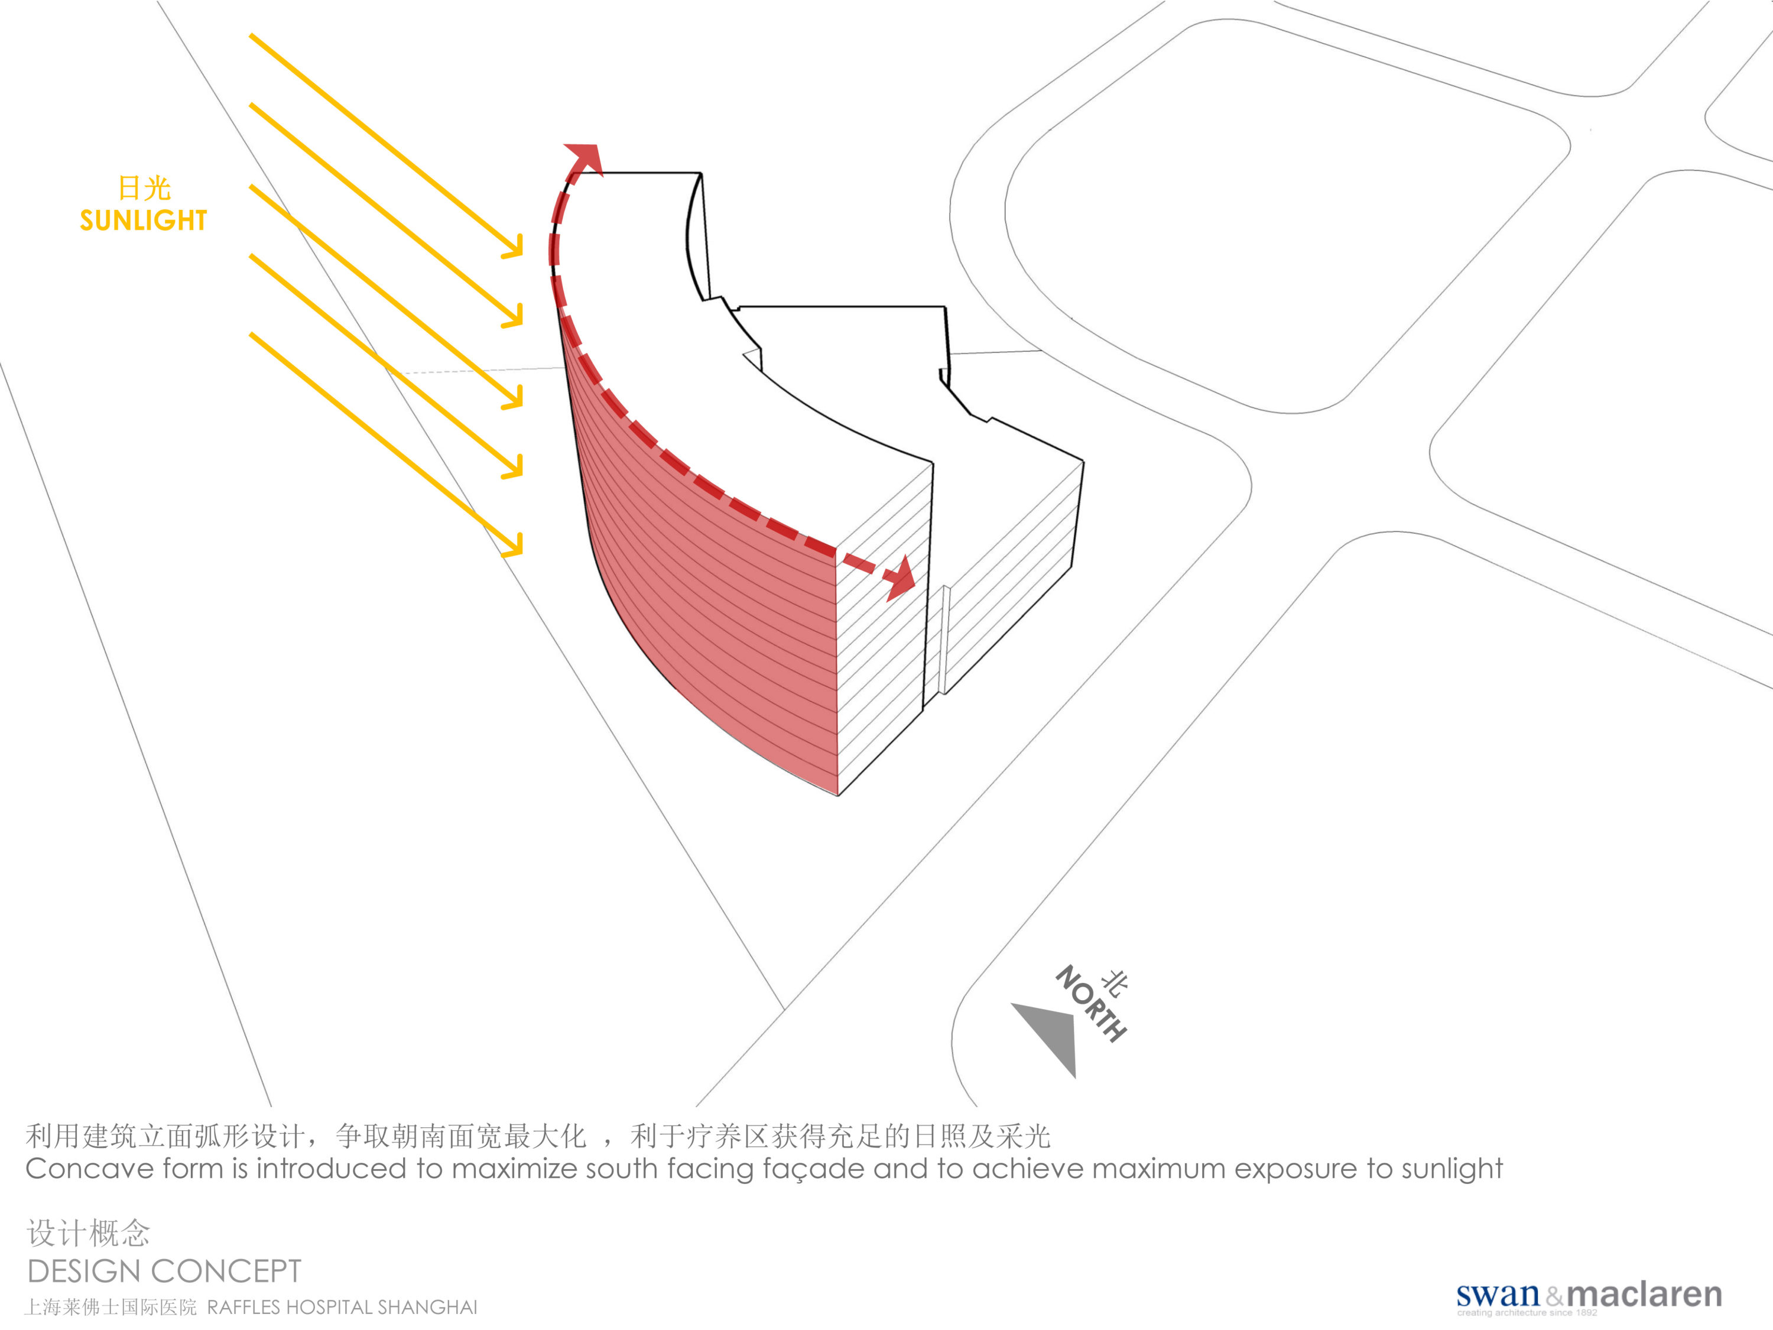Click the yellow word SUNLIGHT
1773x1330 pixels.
144,220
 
